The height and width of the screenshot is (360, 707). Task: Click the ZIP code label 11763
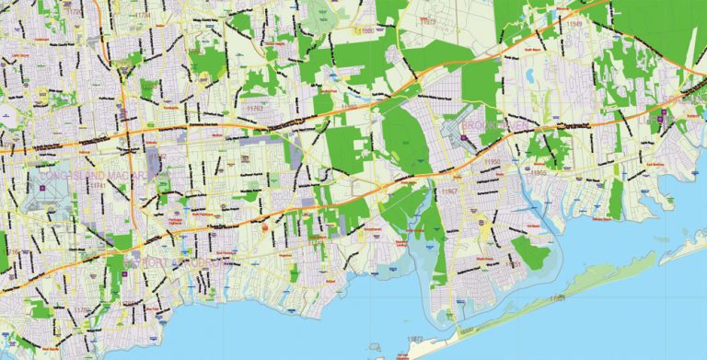pyautogui.click(x=254, y=109)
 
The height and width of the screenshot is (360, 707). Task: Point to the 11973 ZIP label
pyautogui.click(x=427, y=20)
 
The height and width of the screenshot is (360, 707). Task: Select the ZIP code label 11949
pyautogui.click(x=575, y=23)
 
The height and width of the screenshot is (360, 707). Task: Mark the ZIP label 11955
pyautogui.click(x=539, y=172)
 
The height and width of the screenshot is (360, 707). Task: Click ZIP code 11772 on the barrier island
pyautogui.click(x=415, y=340)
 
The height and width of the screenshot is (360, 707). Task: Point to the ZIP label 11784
pyautogui.click(x=143, y=17)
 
